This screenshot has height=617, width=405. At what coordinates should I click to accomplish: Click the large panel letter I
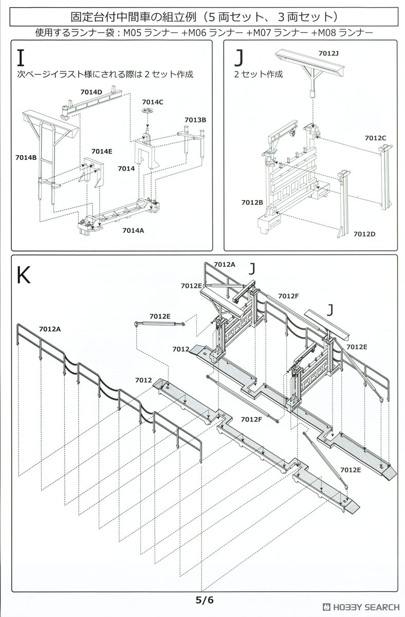click(21, 58)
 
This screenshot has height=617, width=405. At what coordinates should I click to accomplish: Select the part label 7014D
click(91, 92)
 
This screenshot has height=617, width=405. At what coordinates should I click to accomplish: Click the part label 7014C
click(153, 102)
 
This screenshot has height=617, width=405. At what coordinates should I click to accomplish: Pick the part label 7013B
click(195, 120)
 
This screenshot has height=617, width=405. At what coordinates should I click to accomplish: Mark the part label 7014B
click(26, 157)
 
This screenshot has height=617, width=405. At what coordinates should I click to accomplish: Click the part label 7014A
click(133, 230)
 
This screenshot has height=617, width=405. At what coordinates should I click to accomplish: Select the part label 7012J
click(329, 53)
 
